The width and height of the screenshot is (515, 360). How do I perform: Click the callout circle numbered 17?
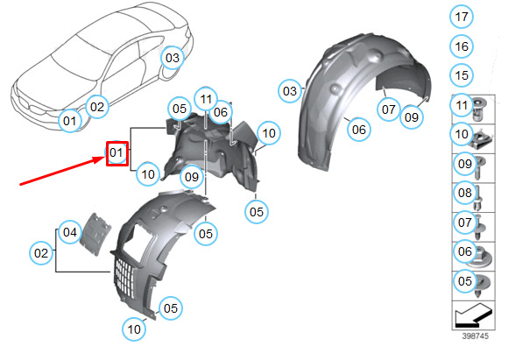462,17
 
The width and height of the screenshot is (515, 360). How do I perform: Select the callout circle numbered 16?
462,46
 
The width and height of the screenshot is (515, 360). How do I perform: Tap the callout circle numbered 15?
462,75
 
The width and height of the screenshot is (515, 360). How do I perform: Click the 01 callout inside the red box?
116,152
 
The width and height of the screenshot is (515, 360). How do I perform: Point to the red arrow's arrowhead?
99,160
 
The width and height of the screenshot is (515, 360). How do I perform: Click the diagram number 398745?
476,336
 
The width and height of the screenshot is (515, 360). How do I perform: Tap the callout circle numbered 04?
70,232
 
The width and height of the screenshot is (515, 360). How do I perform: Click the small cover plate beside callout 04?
95,234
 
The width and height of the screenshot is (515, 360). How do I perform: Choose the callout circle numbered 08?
465,193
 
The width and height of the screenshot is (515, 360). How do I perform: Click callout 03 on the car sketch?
173,58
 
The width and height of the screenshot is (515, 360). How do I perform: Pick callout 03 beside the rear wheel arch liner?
290,91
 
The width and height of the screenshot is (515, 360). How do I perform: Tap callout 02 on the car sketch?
97,107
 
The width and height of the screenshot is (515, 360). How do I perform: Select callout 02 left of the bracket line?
41,253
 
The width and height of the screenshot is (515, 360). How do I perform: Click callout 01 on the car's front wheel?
70,121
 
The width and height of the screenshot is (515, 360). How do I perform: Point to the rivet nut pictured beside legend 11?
480,108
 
